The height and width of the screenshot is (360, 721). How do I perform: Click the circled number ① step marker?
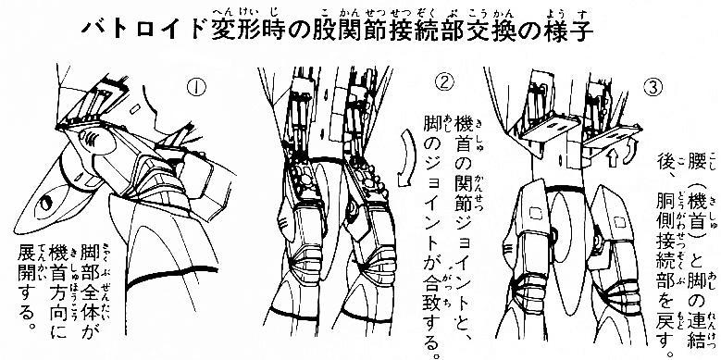pos(198,86)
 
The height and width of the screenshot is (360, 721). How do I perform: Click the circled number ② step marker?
pos(443,82)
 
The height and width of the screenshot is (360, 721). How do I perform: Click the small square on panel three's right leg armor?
pos(620,221)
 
